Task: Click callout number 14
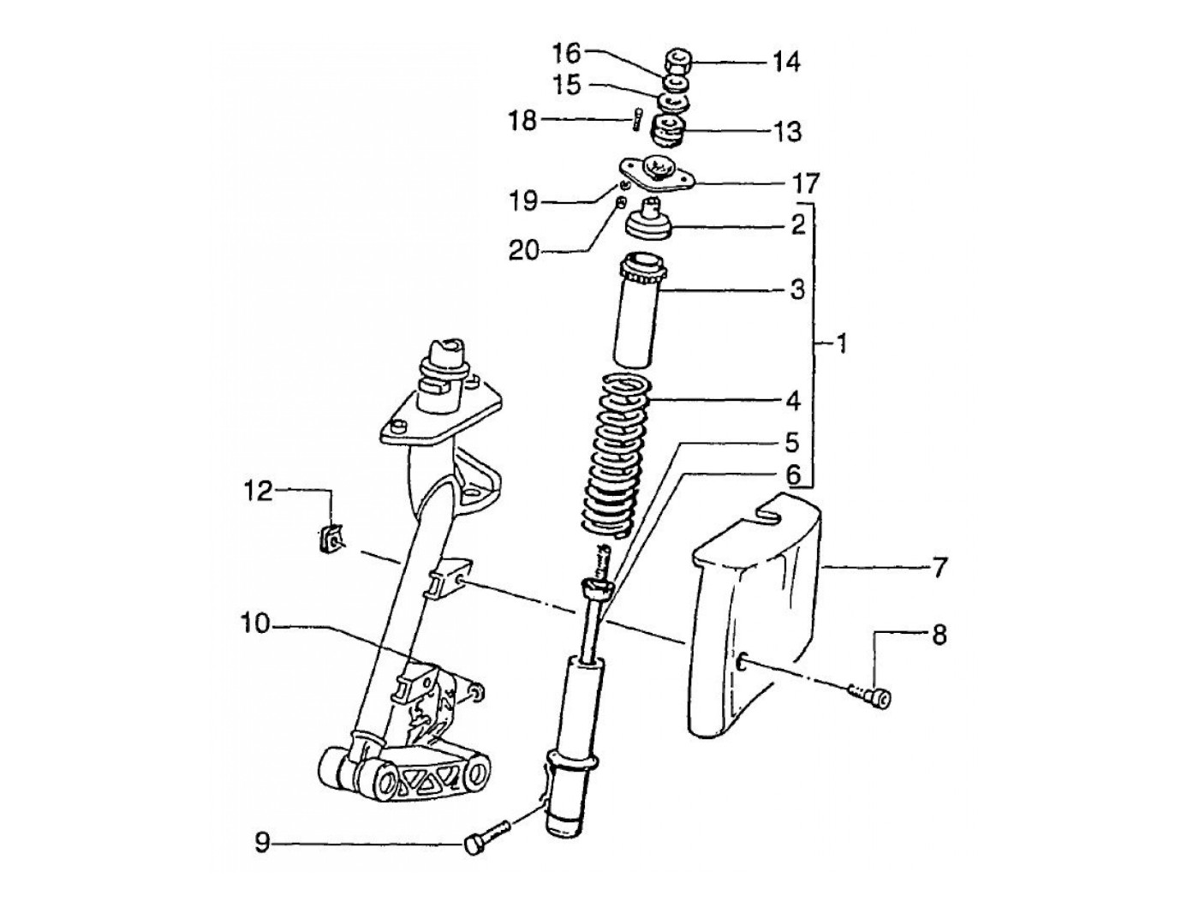coord(786,62)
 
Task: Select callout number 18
coord(522,120)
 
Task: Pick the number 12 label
coord(256,491)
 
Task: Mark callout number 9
coord(262,844)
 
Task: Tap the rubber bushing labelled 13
coord(669,133)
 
